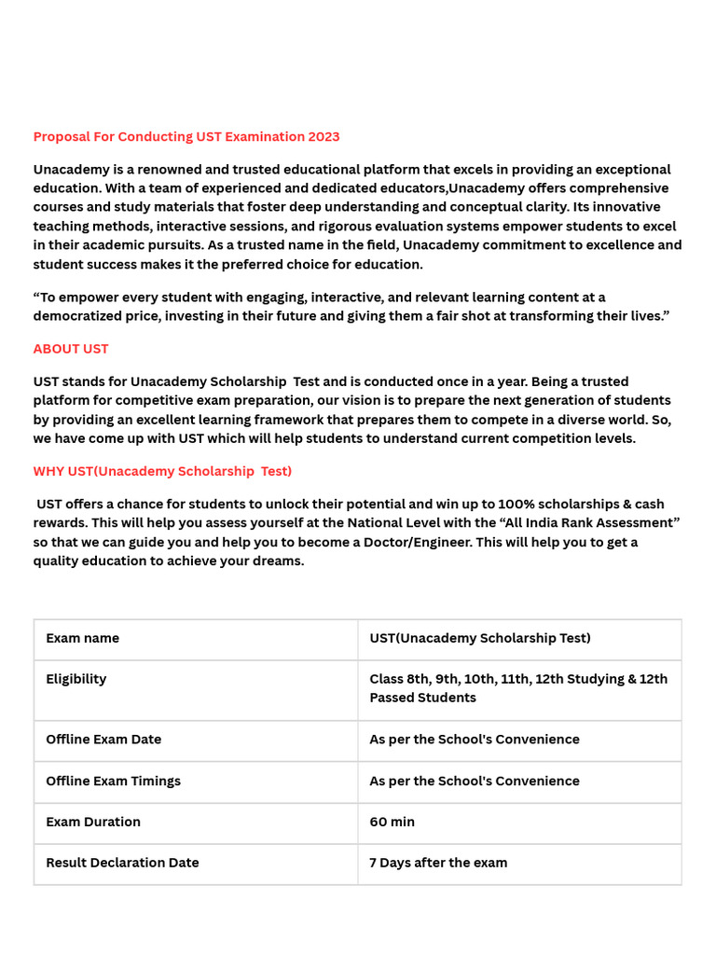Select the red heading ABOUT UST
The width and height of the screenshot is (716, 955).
click(71, 349)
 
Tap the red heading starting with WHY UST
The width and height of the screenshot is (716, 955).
click(162, 471)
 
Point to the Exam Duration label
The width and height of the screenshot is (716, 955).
click(93, 822)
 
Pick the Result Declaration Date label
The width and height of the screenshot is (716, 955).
click(122, 863)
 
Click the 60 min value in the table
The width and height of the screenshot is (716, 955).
click(392, 822)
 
